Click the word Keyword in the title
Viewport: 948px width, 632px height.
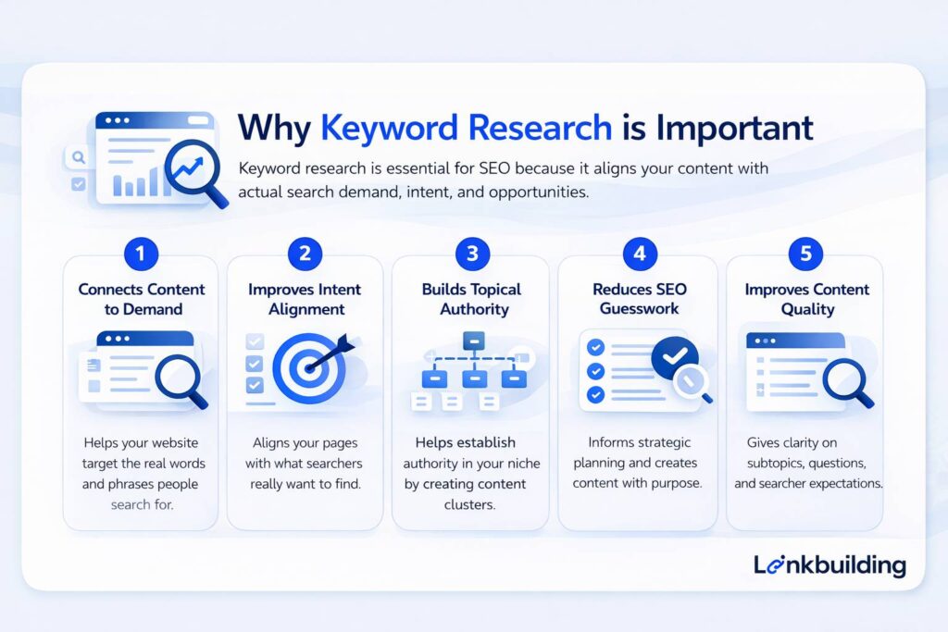click(x=393, y=129)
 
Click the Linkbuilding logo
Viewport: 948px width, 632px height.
click(x=829, y=564)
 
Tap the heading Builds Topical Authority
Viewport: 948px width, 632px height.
click(x=471, y=299)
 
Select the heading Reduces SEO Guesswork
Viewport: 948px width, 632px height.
click(x=639, y=299)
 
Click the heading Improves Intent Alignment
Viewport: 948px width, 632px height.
click(x=305, y=299)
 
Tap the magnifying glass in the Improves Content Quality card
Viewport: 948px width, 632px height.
click(x=846, y=379)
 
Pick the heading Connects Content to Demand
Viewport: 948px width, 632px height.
click(x=141, y=299)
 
